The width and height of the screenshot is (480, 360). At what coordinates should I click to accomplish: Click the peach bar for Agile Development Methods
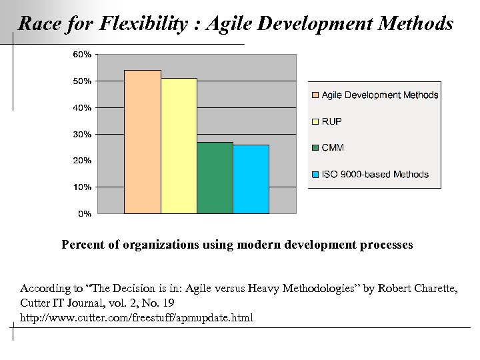(x=143, y=142)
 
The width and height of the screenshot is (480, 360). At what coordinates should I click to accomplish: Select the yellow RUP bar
(x=179, y=146)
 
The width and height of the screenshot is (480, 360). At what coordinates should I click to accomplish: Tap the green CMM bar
(x=215, y=178)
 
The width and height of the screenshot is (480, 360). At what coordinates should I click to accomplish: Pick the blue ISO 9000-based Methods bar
(x=251, y=179)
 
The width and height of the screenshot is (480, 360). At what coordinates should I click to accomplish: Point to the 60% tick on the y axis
(x=83, y=54)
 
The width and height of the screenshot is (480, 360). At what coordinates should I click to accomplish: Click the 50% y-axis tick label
(x=83, y=81)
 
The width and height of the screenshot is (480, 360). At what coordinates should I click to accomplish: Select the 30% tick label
(x=83, y=134)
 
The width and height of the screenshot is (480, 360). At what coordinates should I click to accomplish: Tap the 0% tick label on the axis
(x=85, y=214)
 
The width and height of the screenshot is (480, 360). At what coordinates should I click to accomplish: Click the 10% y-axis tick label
(x=83, y=187)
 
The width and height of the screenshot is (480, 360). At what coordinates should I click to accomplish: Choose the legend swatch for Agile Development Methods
(x=315, y=95)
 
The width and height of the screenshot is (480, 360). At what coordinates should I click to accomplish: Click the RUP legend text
(x=332, y=121)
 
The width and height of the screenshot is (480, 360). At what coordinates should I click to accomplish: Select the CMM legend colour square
(x=315, y=148)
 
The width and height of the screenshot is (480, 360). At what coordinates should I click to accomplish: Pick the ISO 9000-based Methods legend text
(x=375, y=175)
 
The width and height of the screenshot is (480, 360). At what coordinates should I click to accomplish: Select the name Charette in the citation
(x=431, y=288)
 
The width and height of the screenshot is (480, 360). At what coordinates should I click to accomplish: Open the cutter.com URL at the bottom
(x=137, y=317)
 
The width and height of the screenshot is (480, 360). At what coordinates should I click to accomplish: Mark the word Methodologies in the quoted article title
(x=297, y=288)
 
